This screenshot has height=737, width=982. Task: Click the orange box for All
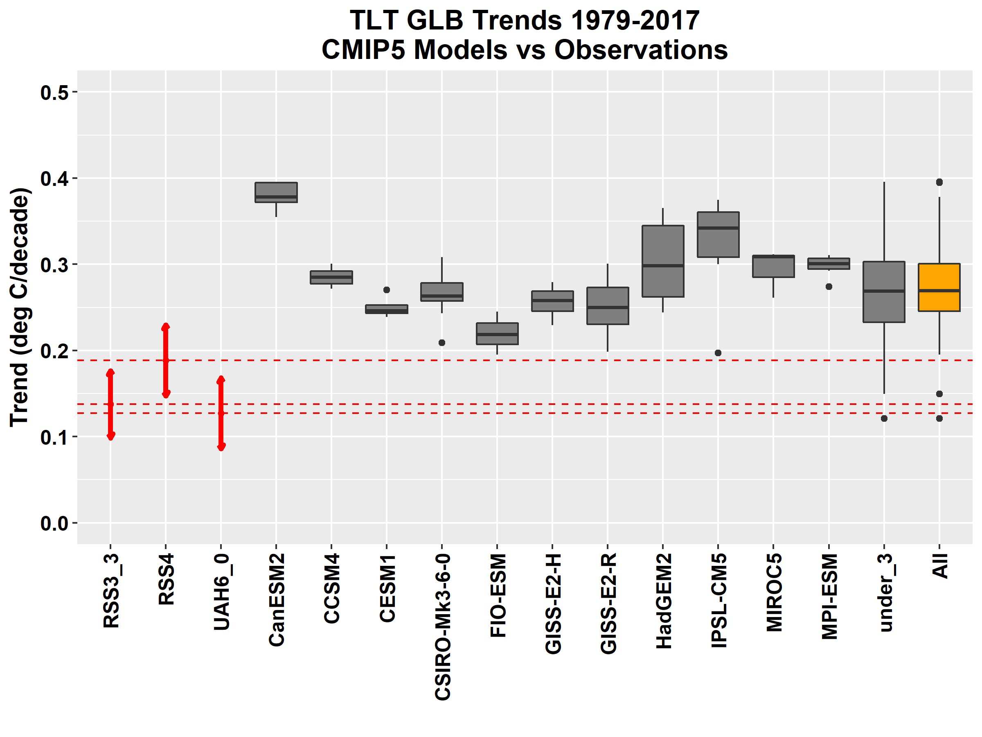coord(939,287)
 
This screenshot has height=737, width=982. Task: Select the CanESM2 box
coord(276,192)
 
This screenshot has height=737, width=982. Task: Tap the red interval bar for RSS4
coord(166,360)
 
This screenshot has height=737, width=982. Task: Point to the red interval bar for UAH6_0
coord(221,413)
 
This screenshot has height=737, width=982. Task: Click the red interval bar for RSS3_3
coord(110,405)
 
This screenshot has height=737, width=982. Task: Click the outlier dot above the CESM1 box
coord(387,290)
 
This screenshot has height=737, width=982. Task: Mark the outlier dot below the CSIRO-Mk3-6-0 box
coord(442,343)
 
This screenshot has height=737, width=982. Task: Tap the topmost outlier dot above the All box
coord(939,183)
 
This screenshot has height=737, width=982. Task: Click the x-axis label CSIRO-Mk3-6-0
coord(443,627)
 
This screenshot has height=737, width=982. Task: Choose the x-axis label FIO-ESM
coord(498,595)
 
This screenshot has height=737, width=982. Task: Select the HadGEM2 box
coord(663,261)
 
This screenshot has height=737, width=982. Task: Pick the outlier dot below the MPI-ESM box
coord(829,287)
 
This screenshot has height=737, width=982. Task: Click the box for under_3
coord(884,292)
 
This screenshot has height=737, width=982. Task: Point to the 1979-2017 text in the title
coord(635,20)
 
